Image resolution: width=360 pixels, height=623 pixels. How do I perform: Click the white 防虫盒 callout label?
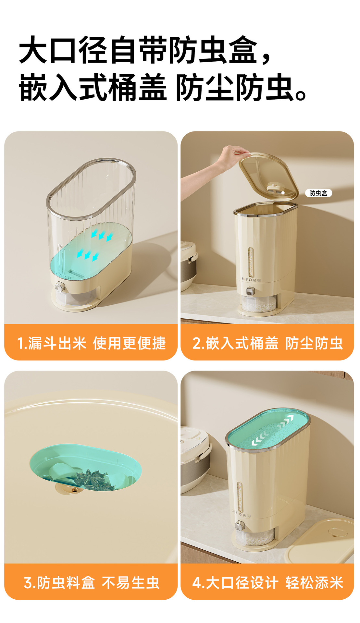[x=318, y=193]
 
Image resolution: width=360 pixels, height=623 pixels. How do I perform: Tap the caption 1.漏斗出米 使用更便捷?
[x=91, y=343]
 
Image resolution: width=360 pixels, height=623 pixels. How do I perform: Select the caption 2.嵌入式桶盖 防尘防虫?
[x=267, y=343]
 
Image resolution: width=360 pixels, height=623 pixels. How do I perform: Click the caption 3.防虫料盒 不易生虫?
[x=91, y=583]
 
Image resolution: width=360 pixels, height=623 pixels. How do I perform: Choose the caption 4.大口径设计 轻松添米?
[x=267, y=583]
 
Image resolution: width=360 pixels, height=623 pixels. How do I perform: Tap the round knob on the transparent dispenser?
[x=60, y=287]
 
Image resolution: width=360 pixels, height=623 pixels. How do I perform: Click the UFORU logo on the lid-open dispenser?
[x=251, y=279]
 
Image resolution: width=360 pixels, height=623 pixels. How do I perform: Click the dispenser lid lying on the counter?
[x=320, y=541]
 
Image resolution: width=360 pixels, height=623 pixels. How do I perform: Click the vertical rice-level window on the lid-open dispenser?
[x=250, y=262]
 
